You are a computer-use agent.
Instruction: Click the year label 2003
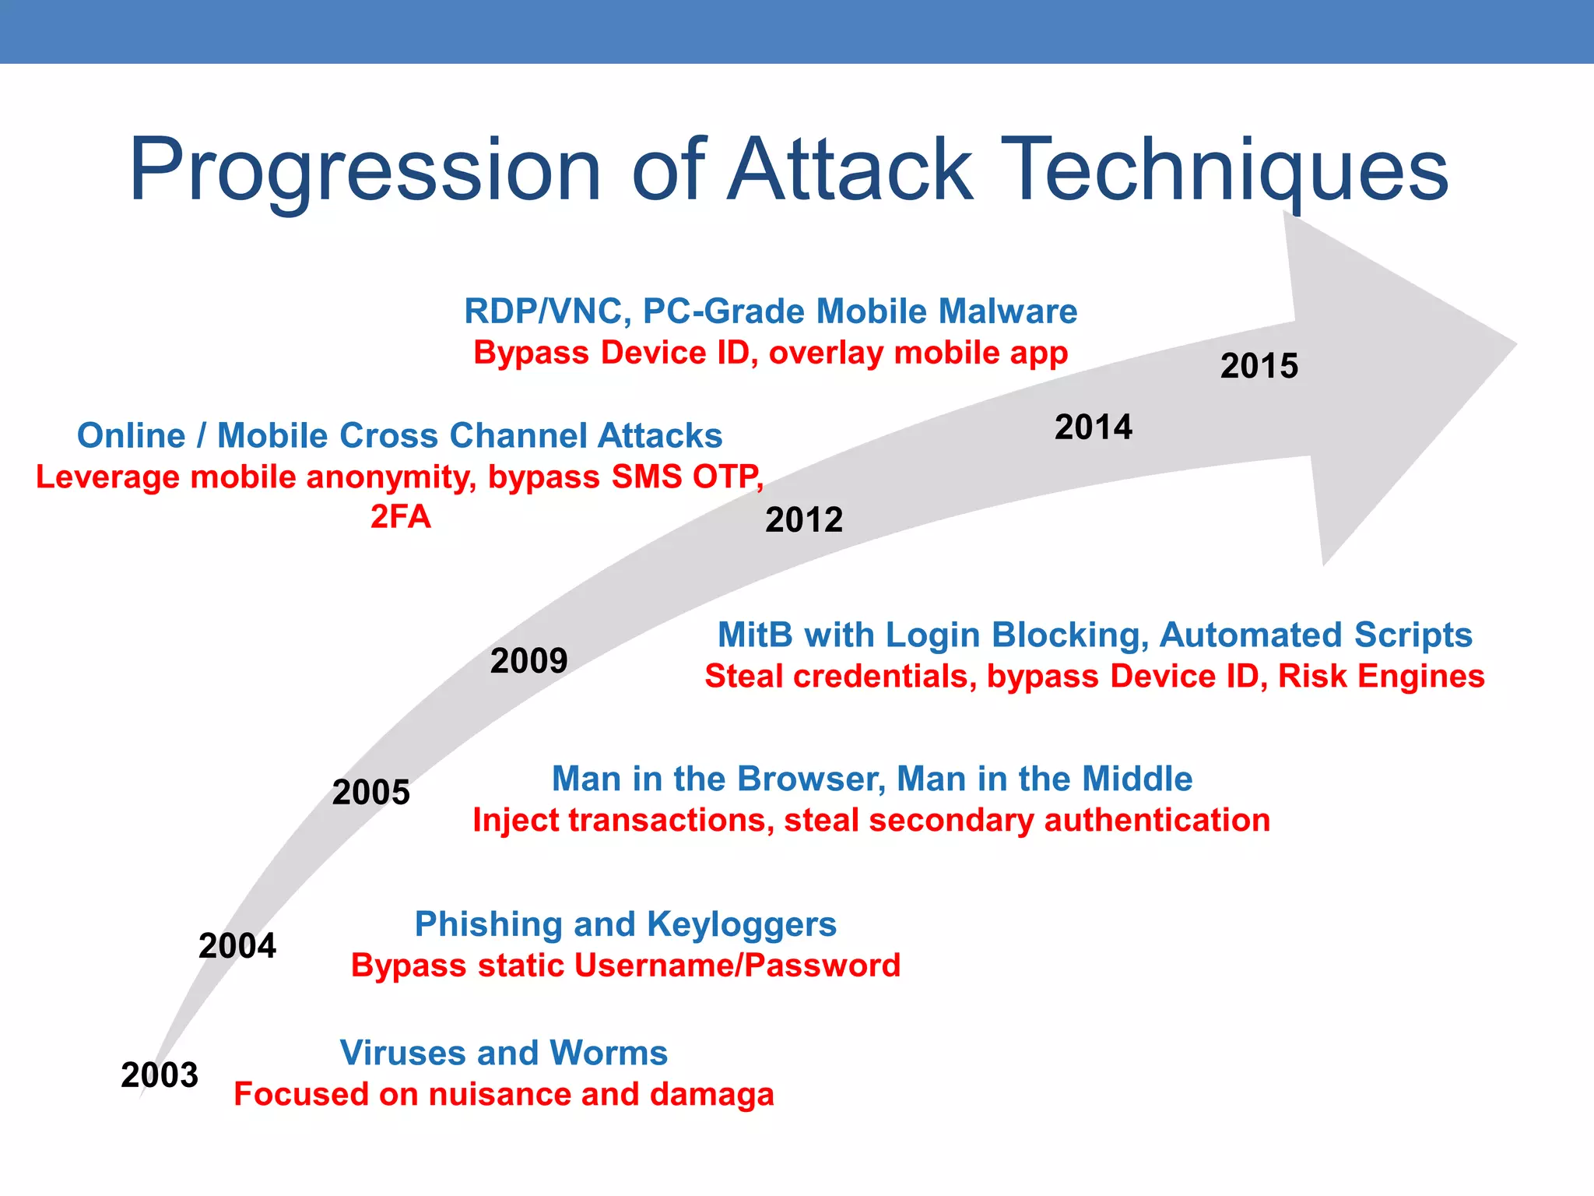click(160, 1075)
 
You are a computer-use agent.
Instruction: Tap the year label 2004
click(237, 946)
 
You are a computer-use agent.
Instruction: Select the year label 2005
click(371, 793)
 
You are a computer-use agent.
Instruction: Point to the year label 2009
click(529, 661)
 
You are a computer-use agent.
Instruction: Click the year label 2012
click(804, 520)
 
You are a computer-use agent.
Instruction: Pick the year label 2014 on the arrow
click(1094, 427)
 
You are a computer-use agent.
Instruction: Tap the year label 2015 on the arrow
click(1259, 366)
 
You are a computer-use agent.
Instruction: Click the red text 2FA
click(400, 517)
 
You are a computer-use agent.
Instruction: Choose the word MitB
click(755, 635)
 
